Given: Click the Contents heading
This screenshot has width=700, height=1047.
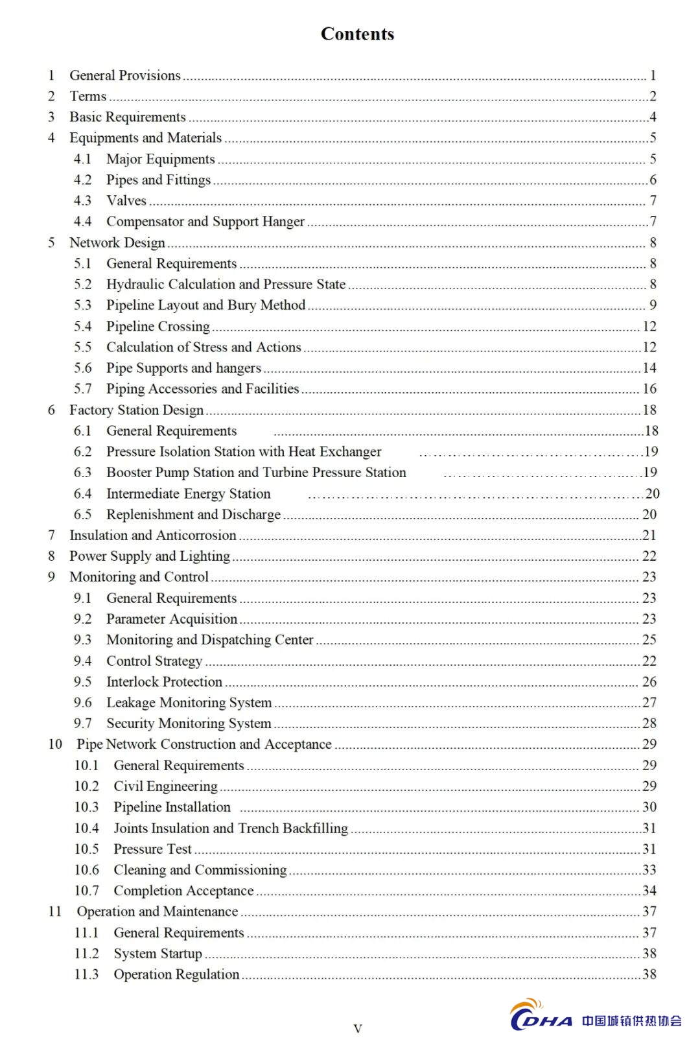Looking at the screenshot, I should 357,34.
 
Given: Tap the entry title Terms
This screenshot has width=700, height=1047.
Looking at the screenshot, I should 87,97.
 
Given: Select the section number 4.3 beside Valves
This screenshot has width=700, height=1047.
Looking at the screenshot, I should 82,201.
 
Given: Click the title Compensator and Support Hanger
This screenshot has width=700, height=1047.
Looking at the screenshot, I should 205,222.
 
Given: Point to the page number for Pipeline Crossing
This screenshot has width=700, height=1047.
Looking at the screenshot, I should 649,326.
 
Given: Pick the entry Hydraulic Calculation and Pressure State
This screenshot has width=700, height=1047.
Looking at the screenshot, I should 226,285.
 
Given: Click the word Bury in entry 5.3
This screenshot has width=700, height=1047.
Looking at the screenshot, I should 242,305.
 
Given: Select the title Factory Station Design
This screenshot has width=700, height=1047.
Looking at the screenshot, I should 136,410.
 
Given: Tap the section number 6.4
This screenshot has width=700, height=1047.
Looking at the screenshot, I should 82,494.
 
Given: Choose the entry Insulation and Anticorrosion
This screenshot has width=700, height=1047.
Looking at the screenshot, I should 152,535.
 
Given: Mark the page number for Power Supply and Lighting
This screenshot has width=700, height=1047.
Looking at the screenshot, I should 649,556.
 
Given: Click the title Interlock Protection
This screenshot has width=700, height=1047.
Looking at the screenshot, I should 164,682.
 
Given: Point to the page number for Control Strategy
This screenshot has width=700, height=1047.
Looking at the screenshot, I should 649,661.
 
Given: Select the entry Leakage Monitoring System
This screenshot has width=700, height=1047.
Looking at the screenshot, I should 189,703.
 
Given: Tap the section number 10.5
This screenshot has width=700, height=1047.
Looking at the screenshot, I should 86,849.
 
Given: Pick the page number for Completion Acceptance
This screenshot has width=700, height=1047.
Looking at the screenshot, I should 649,891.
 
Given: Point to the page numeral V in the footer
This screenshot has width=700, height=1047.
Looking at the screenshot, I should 357,1028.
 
